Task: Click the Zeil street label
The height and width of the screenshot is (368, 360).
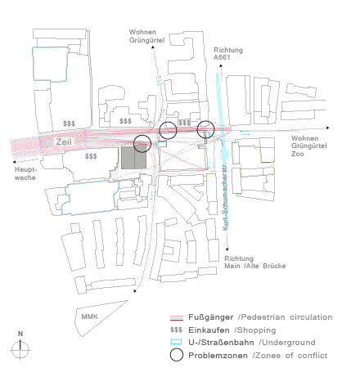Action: pyautogui.click(x=64, y=141)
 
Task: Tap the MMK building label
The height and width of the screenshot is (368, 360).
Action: pyautogui.click(x=89, y=316)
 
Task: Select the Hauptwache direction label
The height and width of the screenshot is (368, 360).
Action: pyautogui.click(x=25, y=173)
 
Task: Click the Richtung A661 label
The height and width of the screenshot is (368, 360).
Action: pyautogui.click(x=228, y=54)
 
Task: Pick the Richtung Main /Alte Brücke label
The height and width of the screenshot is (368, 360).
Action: pyautogui.click(x=254, y=263)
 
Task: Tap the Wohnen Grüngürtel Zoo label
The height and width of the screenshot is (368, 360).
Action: pyautogui.click(x=308, y=146)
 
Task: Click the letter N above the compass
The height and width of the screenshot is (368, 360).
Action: pyautogui.click(x=20, y=334)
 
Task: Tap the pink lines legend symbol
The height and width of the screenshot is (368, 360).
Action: pyautogui.click(x=177, y=318)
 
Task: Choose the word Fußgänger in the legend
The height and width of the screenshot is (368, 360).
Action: pyautogui.click(x=211, y=317)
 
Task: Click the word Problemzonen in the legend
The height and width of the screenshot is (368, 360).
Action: pyautogui.click(x=218, y=356)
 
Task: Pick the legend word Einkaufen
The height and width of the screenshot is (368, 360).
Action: pyautogui.click(x=209, y=330)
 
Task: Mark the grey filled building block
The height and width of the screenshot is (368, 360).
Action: pyautogui.click(x=133, y=158)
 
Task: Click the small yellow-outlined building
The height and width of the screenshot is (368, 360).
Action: pyautogui.click(x=211, y=178)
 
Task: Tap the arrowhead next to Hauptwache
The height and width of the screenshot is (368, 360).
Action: pyautogui.click(x=14, y=162)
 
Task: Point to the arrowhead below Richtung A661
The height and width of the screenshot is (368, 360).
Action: pyautogui.click(x=221, y=65)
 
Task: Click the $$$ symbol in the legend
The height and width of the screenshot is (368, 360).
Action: pyautogui.click(x=176, y=330)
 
